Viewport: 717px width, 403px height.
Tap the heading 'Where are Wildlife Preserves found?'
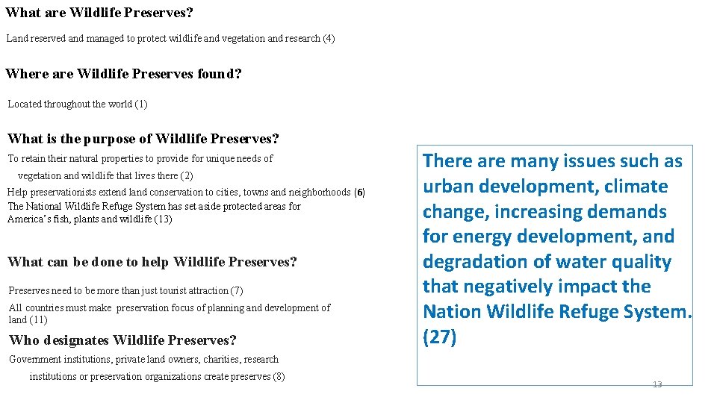coord(123,74)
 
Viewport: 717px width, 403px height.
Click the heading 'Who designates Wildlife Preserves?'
coord(122,340)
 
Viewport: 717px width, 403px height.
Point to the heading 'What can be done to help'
coord(152,262)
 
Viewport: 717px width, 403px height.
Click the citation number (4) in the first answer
coord(329,38)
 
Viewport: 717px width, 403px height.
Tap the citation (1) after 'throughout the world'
coord(141,104)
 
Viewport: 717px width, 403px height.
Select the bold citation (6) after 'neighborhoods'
coord(359,193)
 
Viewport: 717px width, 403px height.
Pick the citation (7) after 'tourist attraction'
coord(237,290)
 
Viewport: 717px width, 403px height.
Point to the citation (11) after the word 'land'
coord(38,320)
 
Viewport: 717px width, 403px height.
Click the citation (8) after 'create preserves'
coord(279,377)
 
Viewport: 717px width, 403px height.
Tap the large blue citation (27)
coord(439,337)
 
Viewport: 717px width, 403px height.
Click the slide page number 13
coord(657,384)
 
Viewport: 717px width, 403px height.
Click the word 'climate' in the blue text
coord(636,187)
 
